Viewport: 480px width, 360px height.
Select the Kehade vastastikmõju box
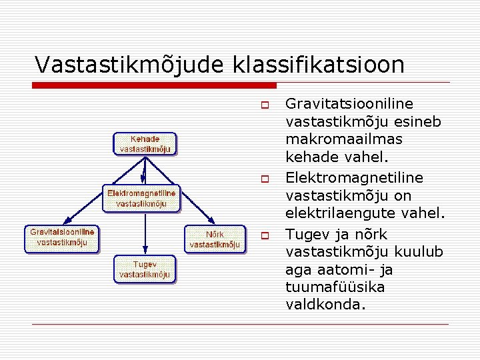tap(145, 144)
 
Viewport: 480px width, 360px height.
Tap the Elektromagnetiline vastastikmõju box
tap(141, 199)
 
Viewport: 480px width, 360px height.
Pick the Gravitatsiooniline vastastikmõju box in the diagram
tap(62, 237)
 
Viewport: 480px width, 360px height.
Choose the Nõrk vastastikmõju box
tap(215, 239)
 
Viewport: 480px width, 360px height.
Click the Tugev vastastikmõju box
tap(145, 269)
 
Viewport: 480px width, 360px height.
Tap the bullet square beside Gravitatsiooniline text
tap(264, 105)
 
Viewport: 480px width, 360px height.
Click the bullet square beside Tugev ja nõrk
tap(264, 236)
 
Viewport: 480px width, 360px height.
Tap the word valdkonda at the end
tap(326, 305)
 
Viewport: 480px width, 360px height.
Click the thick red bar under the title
tap(155, 85)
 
